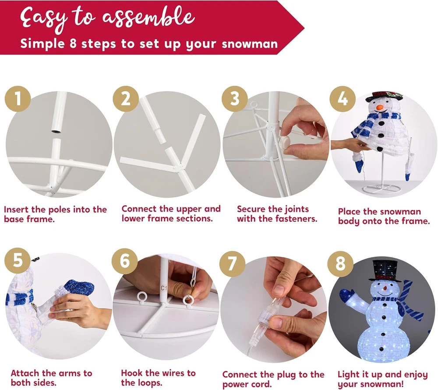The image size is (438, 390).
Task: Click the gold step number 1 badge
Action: click(18, 99)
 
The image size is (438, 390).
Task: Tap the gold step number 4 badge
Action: click(343, 99)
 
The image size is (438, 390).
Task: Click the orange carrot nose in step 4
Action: click(379, 107)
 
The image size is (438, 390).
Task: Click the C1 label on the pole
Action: click(163, 288)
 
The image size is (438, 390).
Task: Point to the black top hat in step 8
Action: click(383, 271)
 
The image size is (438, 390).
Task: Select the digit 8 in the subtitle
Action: click(73, 43)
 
